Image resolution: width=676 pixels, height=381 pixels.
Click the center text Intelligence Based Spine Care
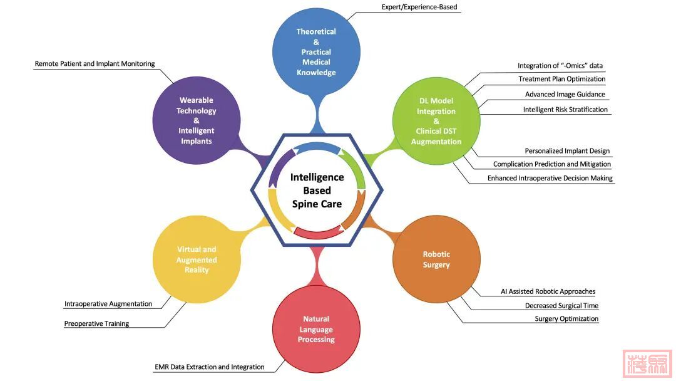tap(317, 190)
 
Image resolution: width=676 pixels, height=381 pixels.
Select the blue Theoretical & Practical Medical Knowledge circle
tap(316, 52)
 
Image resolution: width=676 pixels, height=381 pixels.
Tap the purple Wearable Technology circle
tap(196, 120)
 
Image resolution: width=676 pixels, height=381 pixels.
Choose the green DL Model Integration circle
tap(436, 121)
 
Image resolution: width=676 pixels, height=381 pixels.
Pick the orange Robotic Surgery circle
tap(436, 259)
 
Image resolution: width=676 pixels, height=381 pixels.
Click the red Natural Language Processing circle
tap(316, 330)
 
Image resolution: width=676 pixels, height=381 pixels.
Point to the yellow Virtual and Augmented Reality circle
tap(197, 259)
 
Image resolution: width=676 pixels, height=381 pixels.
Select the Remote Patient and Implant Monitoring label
tap(95, 64)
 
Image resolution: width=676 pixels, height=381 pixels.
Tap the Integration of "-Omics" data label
tap(560, 66)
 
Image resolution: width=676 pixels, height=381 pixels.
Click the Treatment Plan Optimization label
tap(561, 79)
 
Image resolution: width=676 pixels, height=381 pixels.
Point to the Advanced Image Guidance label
tap(565, 95)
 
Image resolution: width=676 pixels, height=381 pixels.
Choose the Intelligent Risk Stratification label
tap(565, 110)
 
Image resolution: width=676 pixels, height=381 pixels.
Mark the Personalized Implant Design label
tap(567, 151)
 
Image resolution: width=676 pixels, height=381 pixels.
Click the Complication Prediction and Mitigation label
tap(552, 164)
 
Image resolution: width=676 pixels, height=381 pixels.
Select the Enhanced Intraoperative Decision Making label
tap(550, 179)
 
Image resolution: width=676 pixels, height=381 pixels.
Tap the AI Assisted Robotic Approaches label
tap(548, 291)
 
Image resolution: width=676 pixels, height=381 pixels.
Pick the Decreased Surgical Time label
tap(561, 306)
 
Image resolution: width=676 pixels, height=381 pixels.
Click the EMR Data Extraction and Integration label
tap(209, 367)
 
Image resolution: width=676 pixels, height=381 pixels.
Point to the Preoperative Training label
tap(96, 324)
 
